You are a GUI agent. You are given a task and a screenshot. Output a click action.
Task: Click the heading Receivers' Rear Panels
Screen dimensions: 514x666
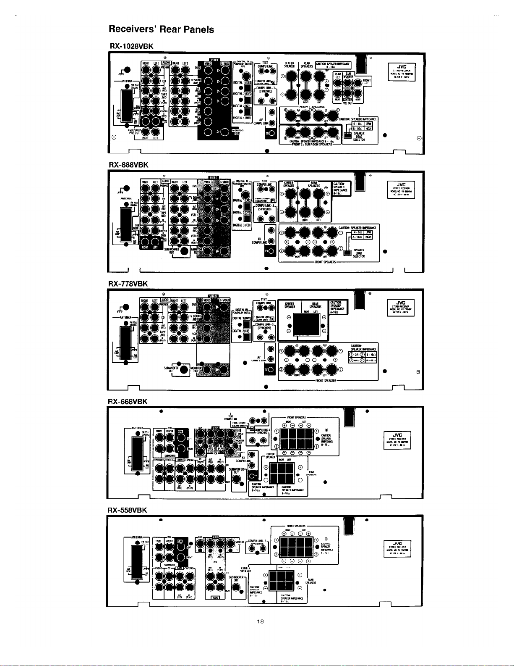click(x=161, y=29)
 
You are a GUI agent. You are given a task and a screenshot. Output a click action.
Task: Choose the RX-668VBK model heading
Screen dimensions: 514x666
click(x=128, y=401)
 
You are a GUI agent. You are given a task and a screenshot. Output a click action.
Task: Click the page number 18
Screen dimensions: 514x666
click(x=260, y=622)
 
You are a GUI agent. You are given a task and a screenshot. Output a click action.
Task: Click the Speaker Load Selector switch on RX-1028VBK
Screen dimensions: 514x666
click(x=347, y=135)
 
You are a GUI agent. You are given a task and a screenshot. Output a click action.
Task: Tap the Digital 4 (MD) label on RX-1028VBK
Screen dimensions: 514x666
click(x=242, y=118)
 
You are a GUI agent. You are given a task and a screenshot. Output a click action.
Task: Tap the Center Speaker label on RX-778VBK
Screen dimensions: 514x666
click(x=290, y=305)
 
